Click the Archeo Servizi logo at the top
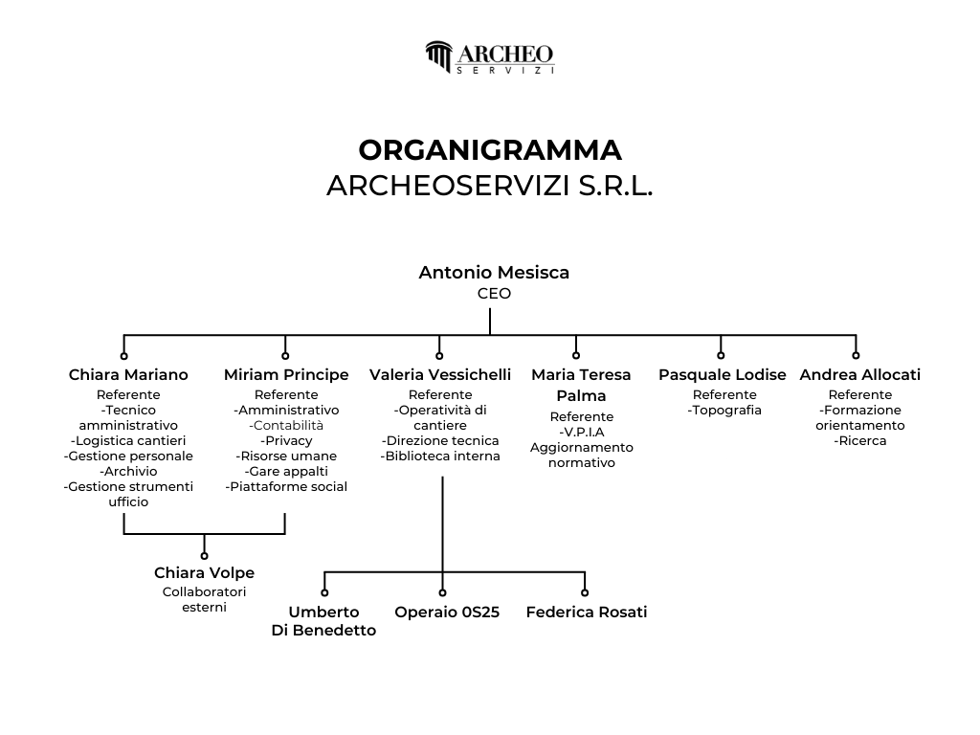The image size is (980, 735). click(490, 57)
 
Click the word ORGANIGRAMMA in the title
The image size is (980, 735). click(490, 150)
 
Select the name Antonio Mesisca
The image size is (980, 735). click(494, 273)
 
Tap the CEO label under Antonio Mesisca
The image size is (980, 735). click(494, 294)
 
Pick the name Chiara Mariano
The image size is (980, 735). click(128, 374)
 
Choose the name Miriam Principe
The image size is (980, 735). click(286, 375)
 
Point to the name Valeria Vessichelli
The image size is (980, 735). click(440, 374)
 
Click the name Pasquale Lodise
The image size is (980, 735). click(722, 375)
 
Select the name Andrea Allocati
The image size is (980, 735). click(860, 374)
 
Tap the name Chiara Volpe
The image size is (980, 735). click(205, 573)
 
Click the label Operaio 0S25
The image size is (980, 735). click(447, 612)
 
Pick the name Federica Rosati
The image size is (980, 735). click(587, 612)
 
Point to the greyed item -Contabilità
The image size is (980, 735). click(286, 426)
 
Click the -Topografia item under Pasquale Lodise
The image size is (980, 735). click(724, 411)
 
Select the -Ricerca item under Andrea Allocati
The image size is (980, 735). click(860, 441)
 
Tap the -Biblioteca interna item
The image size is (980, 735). click(440, 457)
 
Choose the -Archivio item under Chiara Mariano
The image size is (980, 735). click(128, 471)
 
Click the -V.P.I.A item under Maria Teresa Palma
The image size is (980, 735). click(582, 432)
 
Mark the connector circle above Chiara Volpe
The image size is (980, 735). click(205, 556)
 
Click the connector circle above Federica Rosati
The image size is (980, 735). click(585, 592)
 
